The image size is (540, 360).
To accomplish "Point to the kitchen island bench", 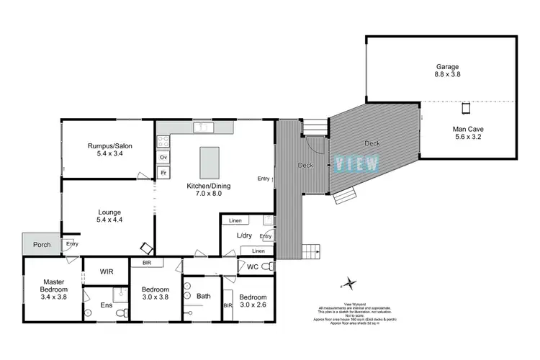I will point(210,162).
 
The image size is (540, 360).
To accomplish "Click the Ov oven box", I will point(163,157).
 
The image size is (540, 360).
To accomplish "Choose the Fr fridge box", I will point(163,174).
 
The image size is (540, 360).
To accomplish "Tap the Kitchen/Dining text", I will point(209,189).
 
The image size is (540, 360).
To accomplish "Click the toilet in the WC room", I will point(267,266).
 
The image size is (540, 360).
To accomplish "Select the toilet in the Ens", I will point(123,312).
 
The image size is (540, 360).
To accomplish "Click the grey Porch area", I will point(41,244).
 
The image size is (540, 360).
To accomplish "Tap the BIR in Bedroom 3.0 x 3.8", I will point(146,264).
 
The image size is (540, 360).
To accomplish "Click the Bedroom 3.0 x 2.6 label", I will point(253,301).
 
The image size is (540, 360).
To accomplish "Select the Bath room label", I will point(203,295).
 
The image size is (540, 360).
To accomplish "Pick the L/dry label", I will point(244,235).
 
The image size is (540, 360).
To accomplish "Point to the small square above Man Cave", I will point(466,109).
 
